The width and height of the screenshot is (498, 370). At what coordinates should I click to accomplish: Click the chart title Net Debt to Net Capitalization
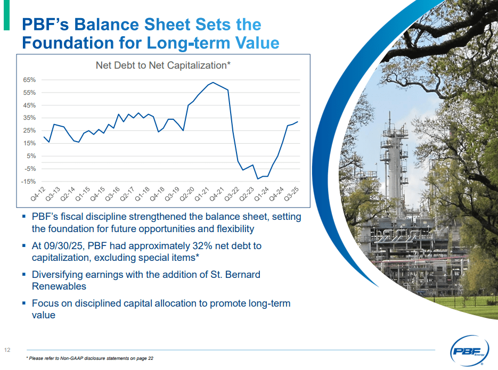(x=162, y=65)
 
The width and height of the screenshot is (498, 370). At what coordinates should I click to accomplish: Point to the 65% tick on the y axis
(x=29, y=80)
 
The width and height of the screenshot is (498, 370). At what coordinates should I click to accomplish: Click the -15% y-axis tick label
(x=29, y=182)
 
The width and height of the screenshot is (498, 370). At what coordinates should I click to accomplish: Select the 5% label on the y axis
(x=30, y=156)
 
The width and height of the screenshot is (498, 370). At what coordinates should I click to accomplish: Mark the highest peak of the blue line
(x=213, y=83)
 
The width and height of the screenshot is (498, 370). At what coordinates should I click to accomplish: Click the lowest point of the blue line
(x=258, y=179)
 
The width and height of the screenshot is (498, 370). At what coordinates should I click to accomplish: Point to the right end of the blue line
(x=298, y=122)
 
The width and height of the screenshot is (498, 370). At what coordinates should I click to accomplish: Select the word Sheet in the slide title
(x=168, y=24)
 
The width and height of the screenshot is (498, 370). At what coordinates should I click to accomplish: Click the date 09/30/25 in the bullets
(x=66, y=246)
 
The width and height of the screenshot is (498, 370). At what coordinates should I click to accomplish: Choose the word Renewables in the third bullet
(x=59, y=286)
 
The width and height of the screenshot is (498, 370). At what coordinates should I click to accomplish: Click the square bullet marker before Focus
(x=24, y=303)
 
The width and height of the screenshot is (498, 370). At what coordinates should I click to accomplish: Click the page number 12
(x=7, y=350)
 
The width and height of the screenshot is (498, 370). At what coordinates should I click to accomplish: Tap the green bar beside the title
(x=6, y=15)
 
